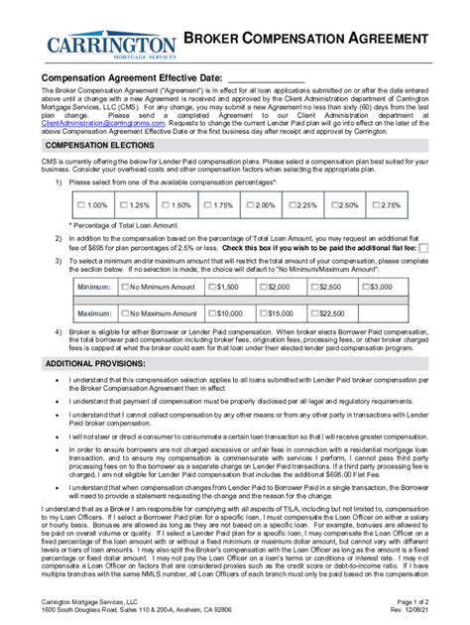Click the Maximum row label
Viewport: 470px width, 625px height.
point(93,313)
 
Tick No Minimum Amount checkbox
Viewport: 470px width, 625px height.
point(123,287)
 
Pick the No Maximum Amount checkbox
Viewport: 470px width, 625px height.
point(123,313)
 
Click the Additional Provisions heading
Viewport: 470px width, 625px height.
point(95,364)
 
